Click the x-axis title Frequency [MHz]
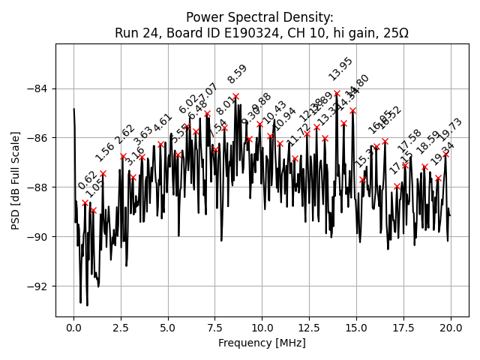(262, 343)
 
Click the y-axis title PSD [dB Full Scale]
(15, 180)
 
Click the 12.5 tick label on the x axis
(309, 328)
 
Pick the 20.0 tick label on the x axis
(450, 328)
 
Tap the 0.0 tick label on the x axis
(73, 328)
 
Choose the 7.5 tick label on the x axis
(214, 328)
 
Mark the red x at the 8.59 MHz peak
(235, 97)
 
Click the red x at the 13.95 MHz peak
(337, 94)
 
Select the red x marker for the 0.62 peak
(85, 202)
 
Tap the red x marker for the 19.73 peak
(445, 154)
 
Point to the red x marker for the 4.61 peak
(160, 145)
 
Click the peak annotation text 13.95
(340, 69)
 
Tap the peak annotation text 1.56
(105, 151)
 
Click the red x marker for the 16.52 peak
(385, 141)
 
